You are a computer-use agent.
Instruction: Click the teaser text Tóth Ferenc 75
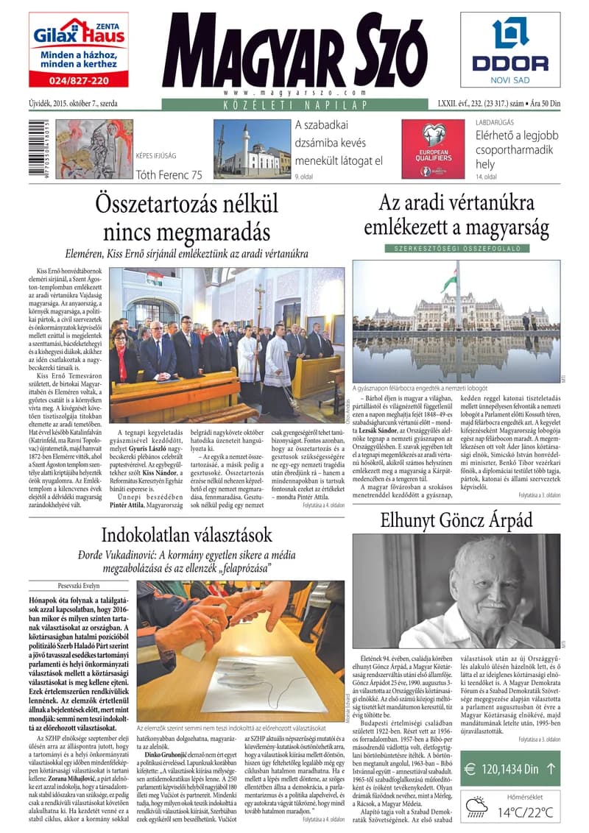(169, 175)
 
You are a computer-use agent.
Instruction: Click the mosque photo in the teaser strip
(251, 150)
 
